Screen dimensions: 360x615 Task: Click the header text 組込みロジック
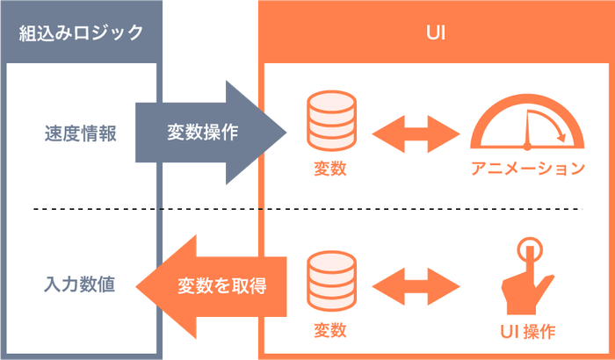81,33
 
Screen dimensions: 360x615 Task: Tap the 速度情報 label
80,133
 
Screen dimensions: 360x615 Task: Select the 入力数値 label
80,284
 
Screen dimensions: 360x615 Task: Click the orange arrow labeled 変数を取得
215,285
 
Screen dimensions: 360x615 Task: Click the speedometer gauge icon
526,123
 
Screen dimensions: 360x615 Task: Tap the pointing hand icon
526,281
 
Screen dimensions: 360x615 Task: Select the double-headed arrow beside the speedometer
416,133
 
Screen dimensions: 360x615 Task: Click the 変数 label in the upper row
329,169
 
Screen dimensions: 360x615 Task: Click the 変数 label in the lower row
329,331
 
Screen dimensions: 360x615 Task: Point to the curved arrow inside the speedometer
554,130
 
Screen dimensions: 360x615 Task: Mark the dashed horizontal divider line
307,209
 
